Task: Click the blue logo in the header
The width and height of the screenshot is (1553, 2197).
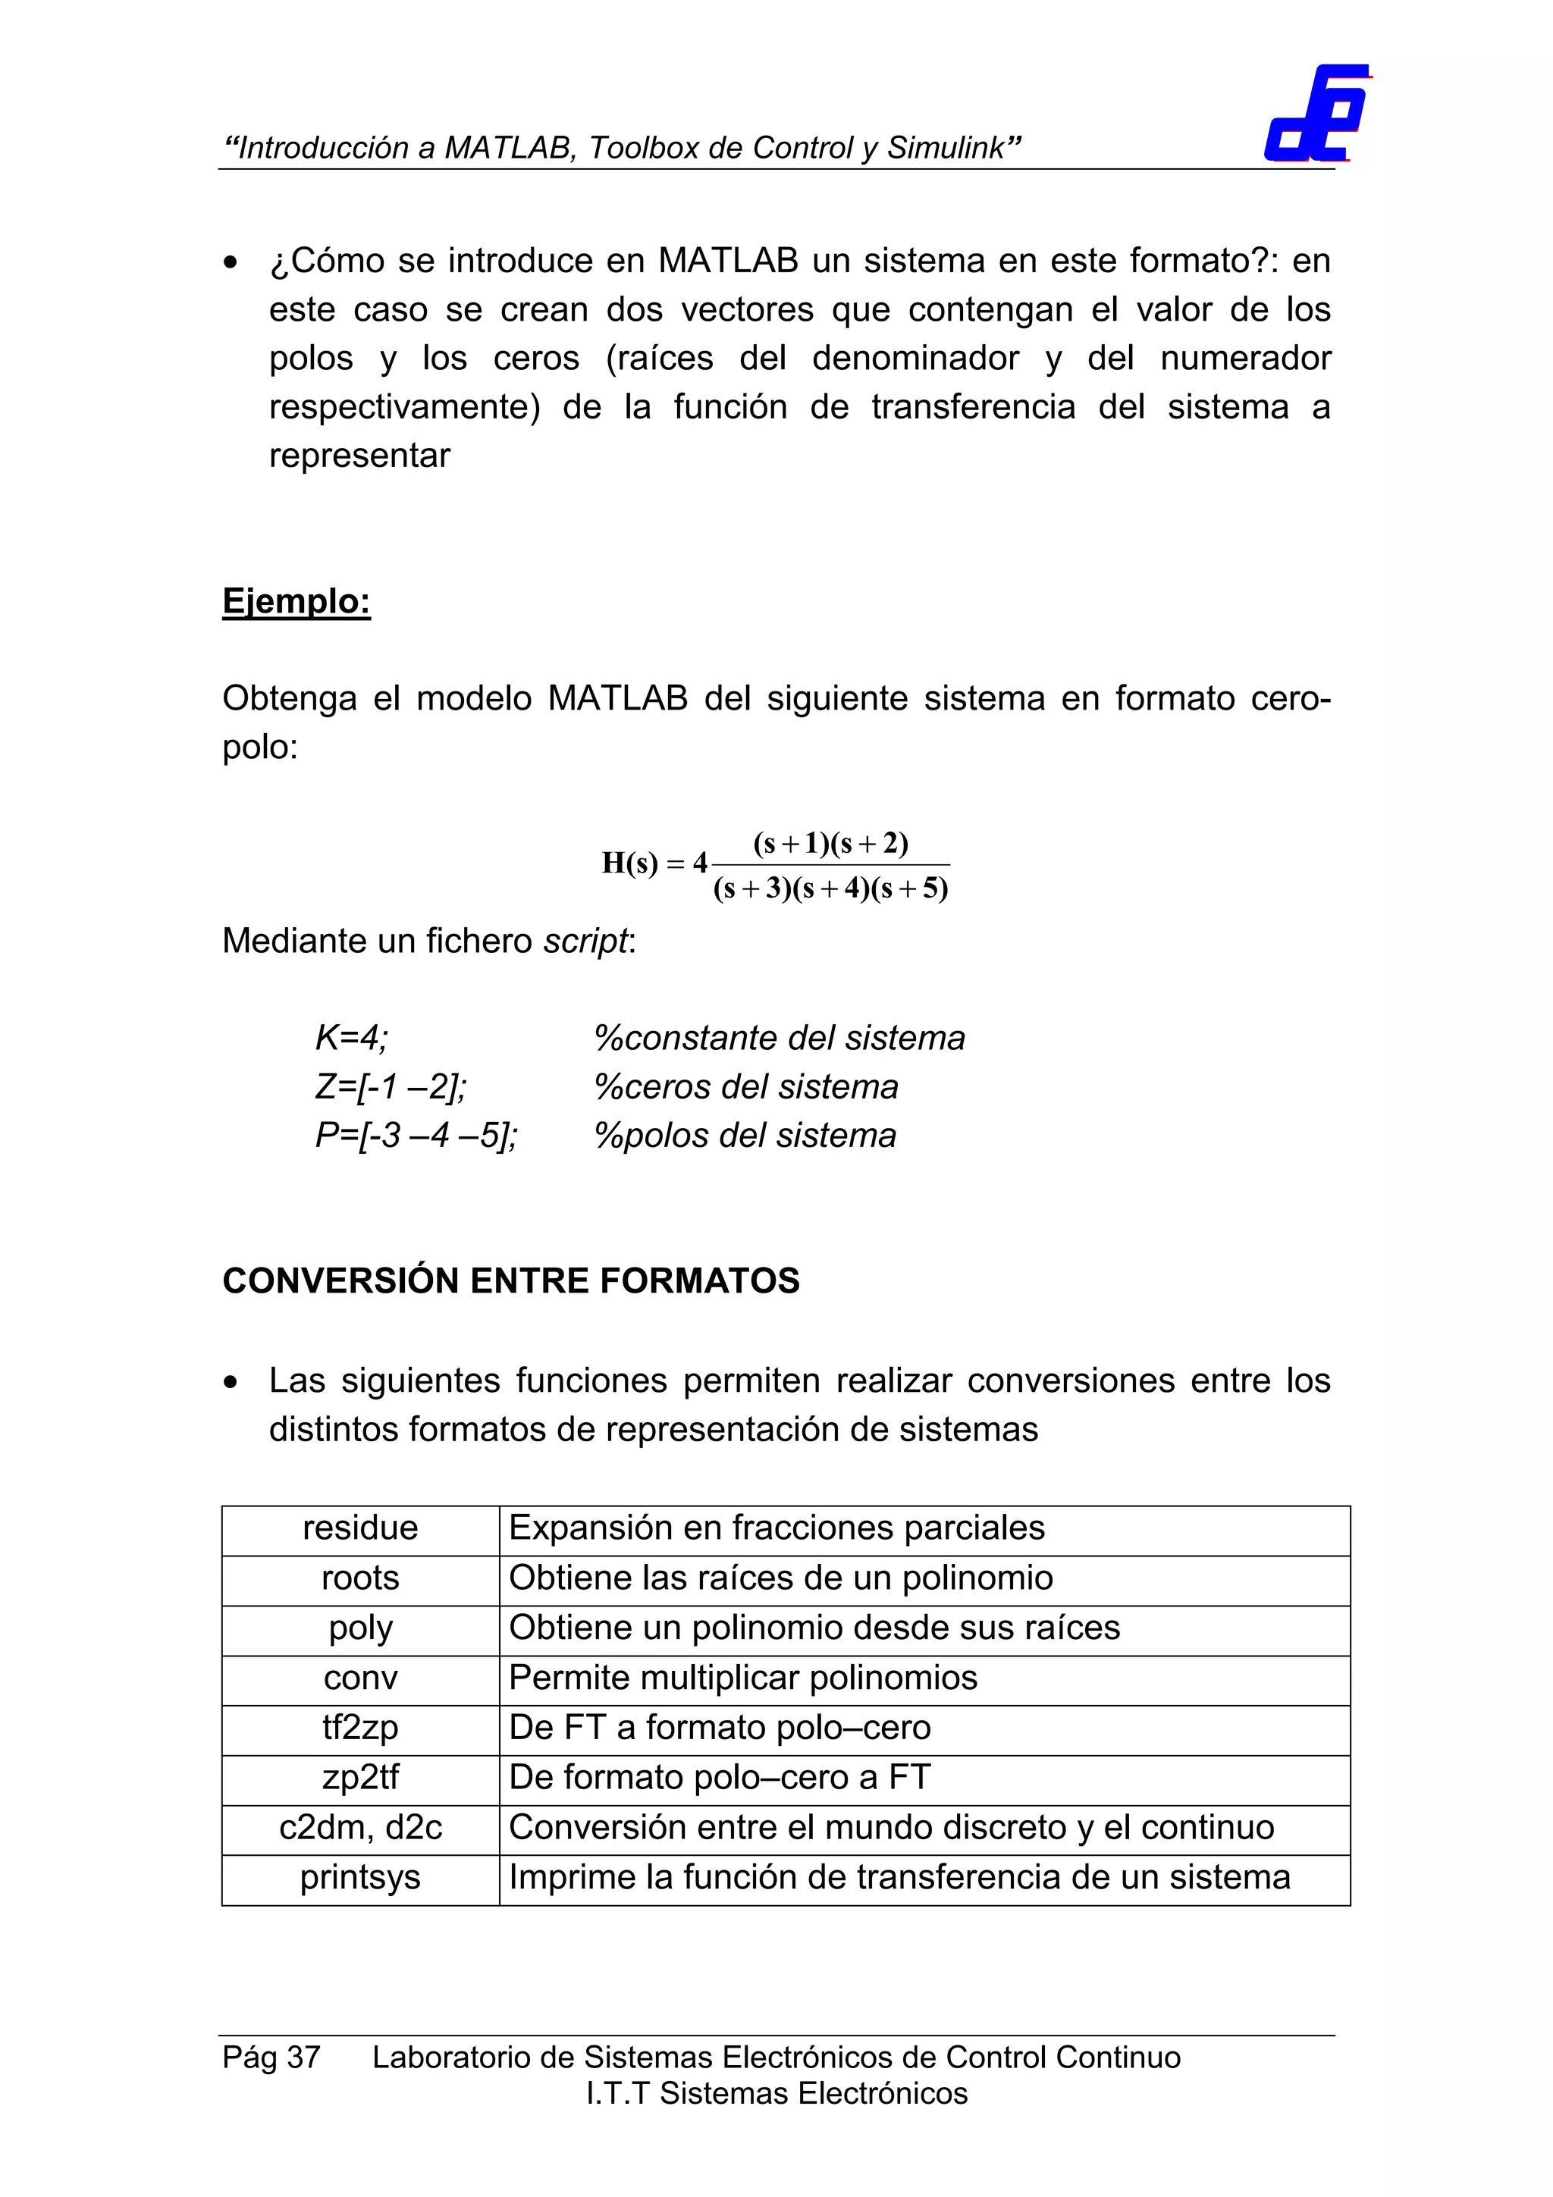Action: point(1316,114)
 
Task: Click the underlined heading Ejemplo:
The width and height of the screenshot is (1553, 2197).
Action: point(296,601)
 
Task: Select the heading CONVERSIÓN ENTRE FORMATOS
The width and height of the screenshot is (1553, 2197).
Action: point(510,1280)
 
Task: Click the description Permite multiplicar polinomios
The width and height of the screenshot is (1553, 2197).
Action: point(742,1678)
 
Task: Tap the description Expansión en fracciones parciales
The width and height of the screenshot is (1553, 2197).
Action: point(776,1528)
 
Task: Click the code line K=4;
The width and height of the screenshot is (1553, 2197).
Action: point(351,1038)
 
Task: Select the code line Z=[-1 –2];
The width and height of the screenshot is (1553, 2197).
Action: point(391,1087)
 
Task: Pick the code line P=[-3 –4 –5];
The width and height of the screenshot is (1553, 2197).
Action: point(416,1136)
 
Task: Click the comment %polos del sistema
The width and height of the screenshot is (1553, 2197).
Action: point(745,1136)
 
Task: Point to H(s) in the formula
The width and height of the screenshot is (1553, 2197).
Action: point(629,863)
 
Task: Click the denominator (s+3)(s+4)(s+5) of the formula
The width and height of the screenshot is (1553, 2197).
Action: point(830,889)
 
